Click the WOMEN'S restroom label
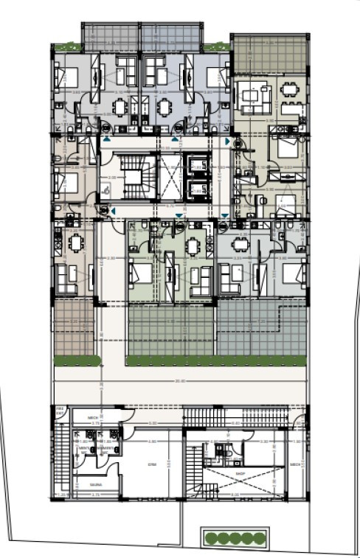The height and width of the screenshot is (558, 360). click(108, 450)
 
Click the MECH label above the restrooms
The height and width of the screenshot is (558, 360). click(93, 417)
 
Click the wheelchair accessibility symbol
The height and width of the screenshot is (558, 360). click(108, 189)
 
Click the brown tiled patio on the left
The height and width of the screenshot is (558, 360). click(73, 327)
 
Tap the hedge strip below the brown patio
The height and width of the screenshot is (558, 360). click(77, 360)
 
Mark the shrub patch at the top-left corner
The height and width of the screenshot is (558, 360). click(67, 47)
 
